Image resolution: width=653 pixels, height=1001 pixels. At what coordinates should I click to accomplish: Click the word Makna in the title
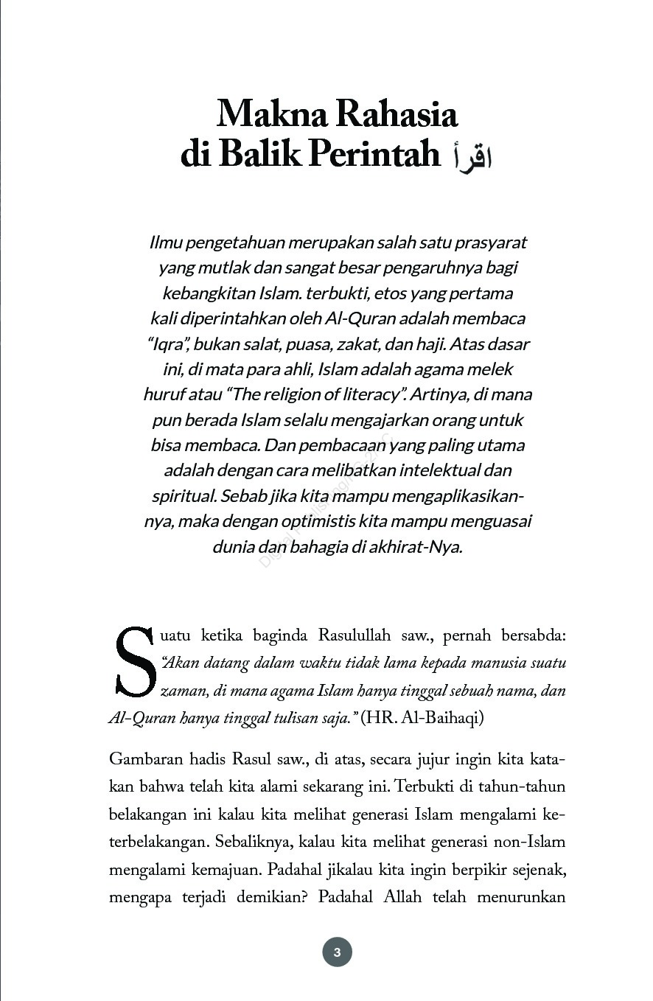tap(270, 114)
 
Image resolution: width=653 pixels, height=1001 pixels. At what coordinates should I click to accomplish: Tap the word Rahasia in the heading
tap(397, 114)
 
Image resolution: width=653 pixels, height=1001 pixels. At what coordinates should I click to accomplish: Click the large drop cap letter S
tap(133, 661)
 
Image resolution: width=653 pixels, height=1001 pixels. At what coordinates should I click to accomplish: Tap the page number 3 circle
tap(337, 952)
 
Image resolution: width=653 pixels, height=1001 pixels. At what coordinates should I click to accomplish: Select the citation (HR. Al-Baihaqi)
tap(422, 718)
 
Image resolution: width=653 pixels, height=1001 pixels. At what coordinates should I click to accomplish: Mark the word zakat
tap(357, 344)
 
